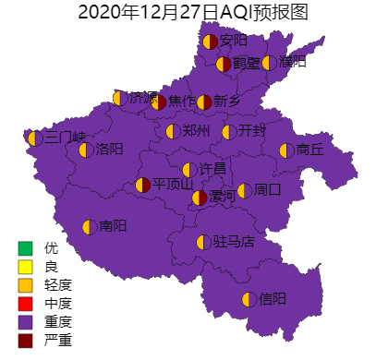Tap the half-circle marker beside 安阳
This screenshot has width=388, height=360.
click(210, 41)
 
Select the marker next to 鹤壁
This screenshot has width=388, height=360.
click(224, 64)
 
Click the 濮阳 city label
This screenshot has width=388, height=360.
click(292, 63)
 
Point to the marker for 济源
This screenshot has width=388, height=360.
click(119, 98)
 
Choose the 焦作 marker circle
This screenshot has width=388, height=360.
click(159, 102)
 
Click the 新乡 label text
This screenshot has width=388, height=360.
click(227, 102)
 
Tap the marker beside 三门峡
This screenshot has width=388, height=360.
click(34, 138)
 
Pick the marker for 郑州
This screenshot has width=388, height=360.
click(172, 131)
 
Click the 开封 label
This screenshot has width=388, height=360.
click(251, 131)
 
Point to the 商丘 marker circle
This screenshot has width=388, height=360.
click(285, 150)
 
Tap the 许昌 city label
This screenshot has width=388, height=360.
click(212, 169)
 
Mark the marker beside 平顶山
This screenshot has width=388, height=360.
click(143, 186)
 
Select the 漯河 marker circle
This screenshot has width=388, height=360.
click(200, 198)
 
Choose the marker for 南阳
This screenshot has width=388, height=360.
click(90, 226)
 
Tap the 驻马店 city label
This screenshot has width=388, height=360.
click(233, 242)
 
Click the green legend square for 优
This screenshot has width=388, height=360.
click(25, 247)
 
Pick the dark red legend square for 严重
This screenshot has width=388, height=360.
click(25, 341)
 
